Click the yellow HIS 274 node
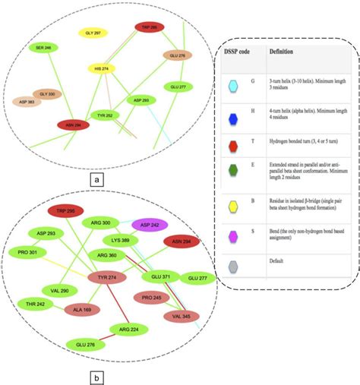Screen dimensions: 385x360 (101, 68)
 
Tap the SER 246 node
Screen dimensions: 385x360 (43, 47)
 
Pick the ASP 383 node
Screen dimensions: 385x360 (27, 101)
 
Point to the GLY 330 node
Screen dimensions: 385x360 (47, 93)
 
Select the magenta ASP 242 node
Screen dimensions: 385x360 (149, 225)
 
